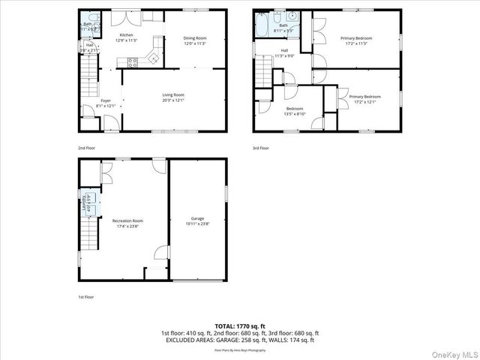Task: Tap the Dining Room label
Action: point(195,38)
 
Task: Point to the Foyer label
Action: point(106,100)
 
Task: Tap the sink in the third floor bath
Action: point(292,16)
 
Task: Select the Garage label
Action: point(197,218)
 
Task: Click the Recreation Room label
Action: point(127,220)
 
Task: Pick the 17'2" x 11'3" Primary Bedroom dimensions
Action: point(357,43)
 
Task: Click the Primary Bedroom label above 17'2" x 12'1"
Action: point(364,97)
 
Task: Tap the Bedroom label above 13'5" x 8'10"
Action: point(294,109)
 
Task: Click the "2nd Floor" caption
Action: point(86,148)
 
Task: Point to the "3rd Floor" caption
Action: point(259,148)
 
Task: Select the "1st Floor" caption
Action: point(86,297)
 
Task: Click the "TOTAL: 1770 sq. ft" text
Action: point(239,326)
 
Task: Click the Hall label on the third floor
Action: point(284,51)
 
